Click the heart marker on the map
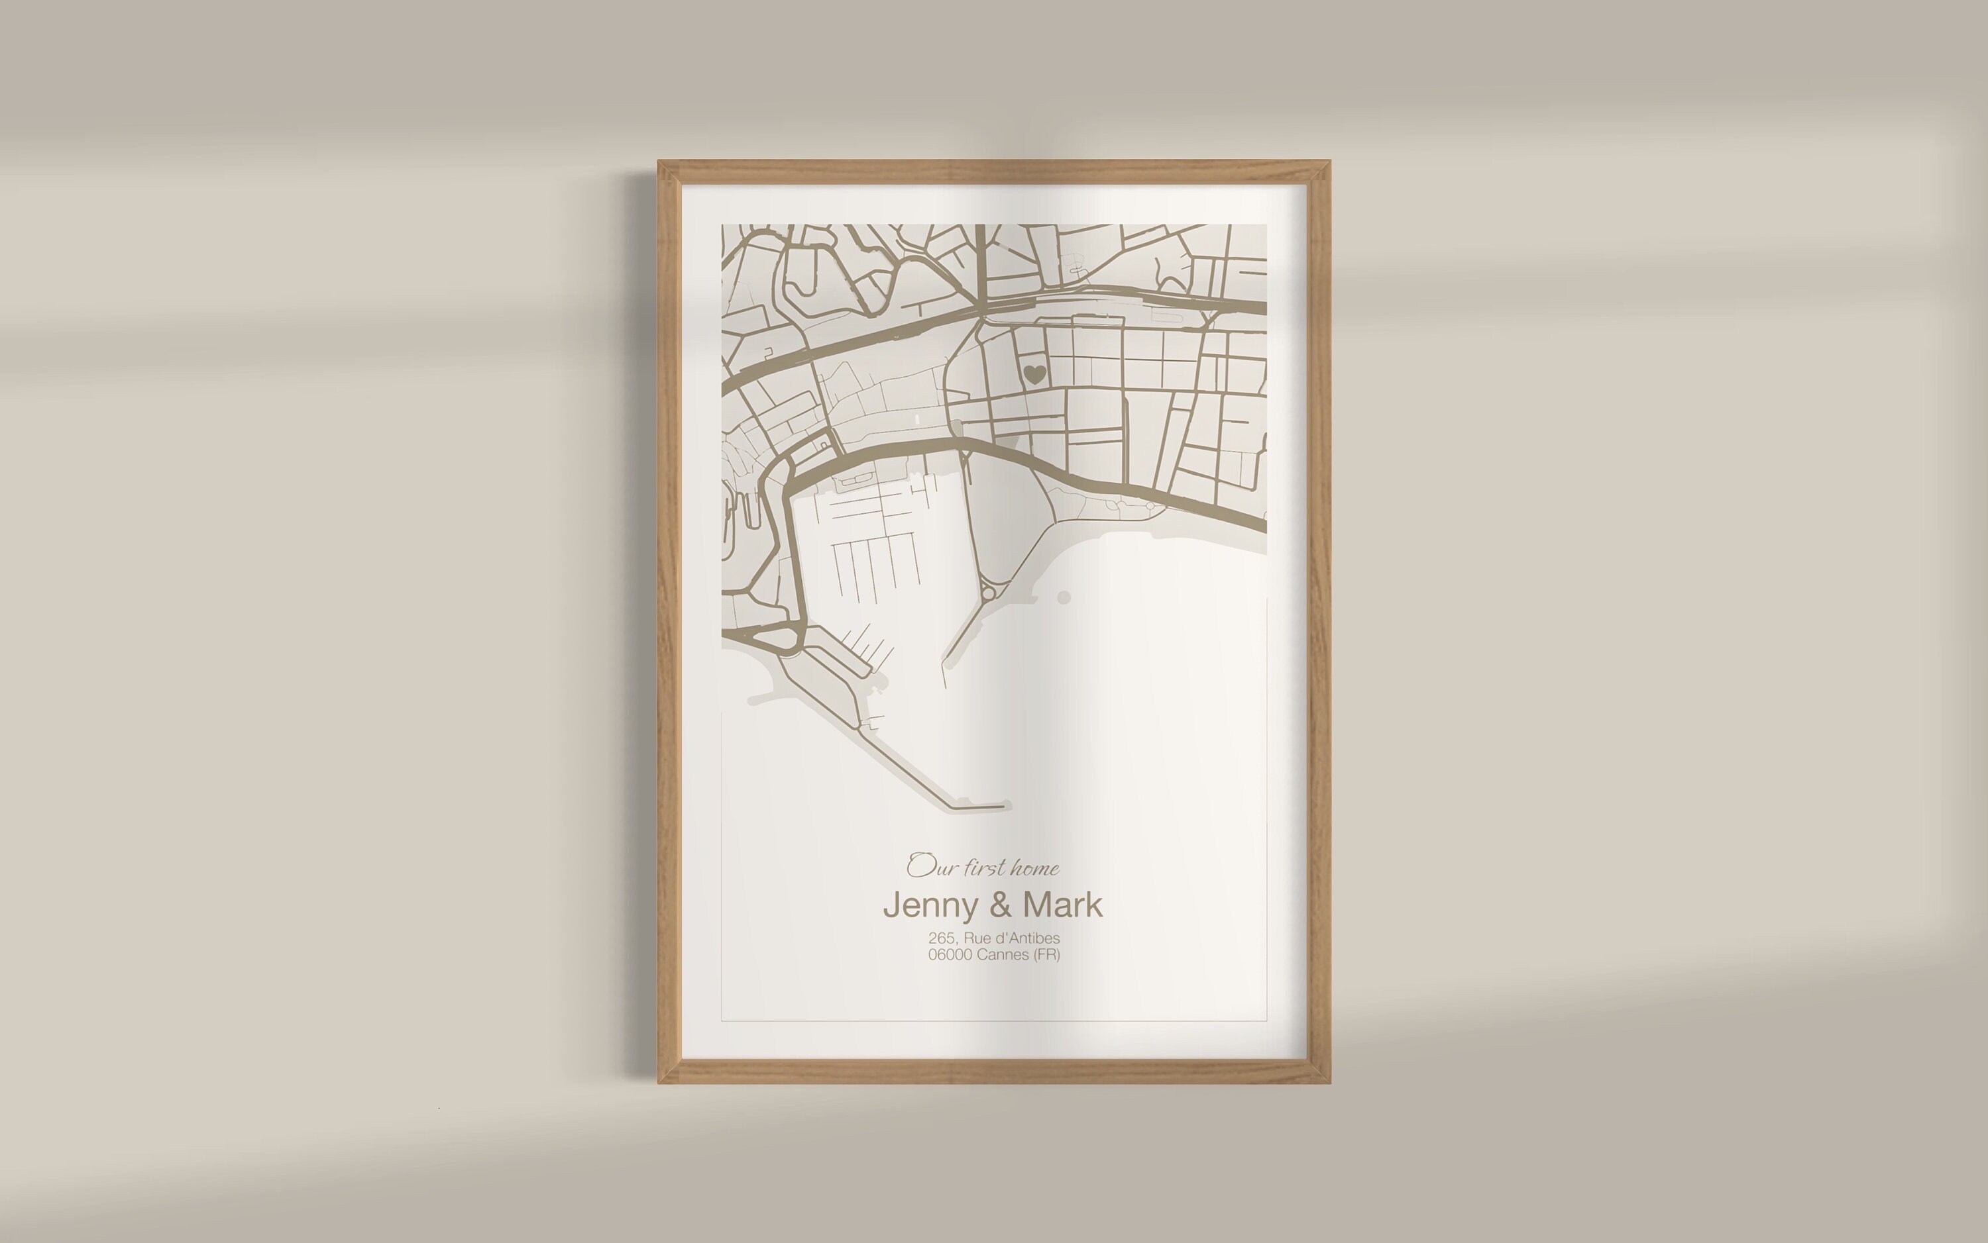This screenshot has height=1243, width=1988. pyautogui.click(x=1034, y=374)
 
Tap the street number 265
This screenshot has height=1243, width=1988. pyautogui.click(x=941, y=938)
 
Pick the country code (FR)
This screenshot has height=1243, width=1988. pyautogui.click(x=1047, y=954)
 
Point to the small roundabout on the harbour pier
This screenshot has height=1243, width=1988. pyautogui.click(x=988, y=589)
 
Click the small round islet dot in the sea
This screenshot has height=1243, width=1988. pyautogui.click(x=1064, y=597)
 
